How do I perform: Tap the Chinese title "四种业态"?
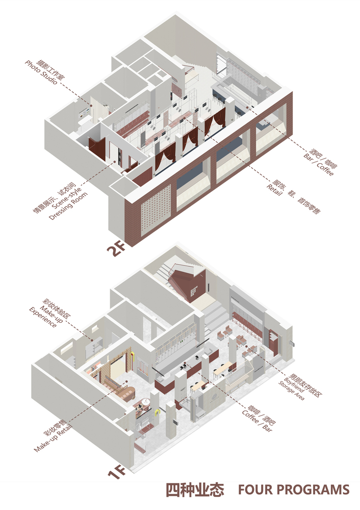pyautogui.click(x=195, y=490)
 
